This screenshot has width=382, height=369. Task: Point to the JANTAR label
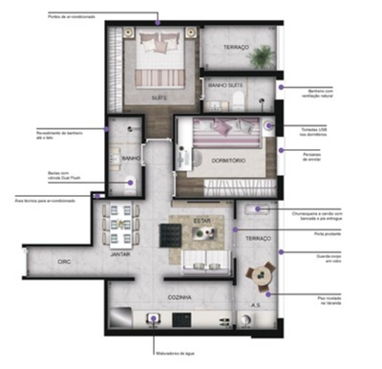click(120, 255)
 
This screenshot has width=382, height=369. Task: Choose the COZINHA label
click(180, 299)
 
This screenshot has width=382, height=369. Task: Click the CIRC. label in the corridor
click(64, 260)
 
